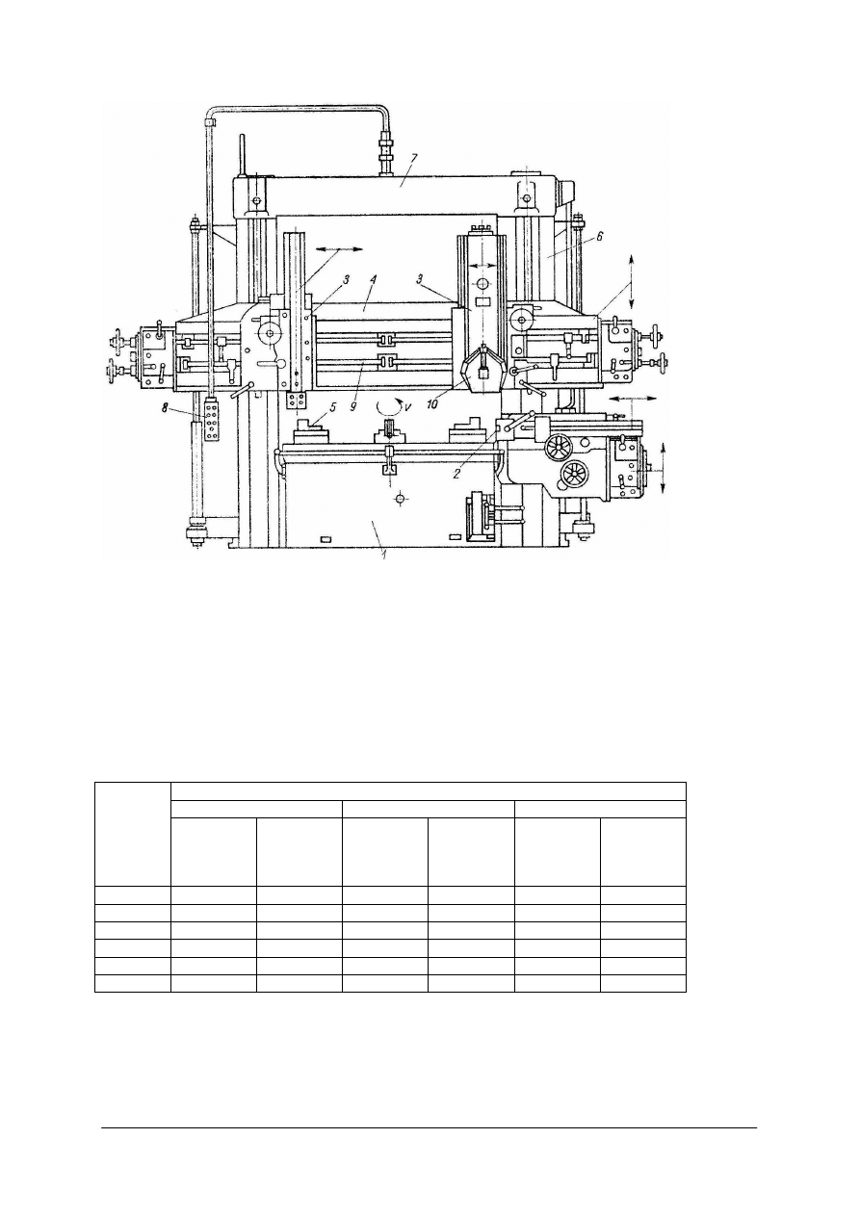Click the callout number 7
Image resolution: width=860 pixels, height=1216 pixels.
(414, 158)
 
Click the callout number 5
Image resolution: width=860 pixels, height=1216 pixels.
(334, 404)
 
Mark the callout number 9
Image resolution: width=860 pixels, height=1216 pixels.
(352, 405)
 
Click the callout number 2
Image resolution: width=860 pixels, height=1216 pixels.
(456, 474)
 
